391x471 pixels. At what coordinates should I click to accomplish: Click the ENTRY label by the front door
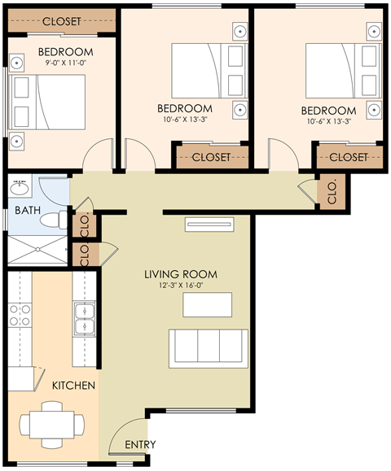tap(139, 445)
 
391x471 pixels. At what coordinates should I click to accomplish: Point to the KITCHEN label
tap(74, 385)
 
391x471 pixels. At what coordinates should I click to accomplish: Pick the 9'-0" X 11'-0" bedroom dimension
tap(66, 63)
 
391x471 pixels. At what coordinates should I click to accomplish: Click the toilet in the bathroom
tap(54, 219)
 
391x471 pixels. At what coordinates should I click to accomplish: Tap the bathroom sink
tap(20, 190)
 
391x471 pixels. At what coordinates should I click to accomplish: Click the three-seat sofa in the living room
tap(208, 347)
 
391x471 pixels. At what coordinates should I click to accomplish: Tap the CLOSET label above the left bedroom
tap(62, 22)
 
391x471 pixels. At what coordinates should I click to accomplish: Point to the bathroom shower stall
tap(37, 252)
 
